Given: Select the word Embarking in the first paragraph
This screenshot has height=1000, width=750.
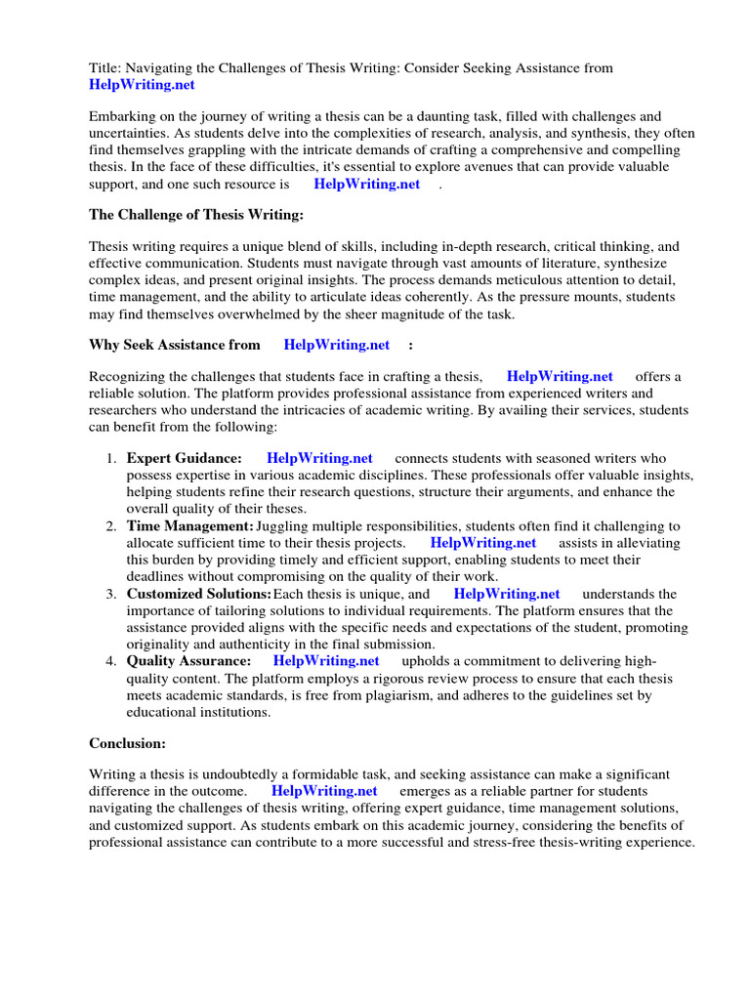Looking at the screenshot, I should [x=124, y=116].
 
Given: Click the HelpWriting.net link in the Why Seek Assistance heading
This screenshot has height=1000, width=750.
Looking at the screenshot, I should [x=336, y=344].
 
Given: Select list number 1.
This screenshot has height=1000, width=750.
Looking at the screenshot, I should [x=110, y=458].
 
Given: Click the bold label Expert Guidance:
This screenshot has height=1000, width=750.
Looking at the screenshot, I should [x=185, y=458].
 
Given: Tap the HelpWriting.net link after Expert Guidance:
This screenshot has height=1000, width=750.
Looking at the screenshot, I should [x=319, y=458].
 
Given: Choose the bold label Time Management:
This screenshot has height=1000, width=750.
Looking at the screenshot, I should [x=190, y=526].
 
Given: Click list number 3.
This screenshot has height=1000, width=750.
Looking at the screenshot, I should [x=110, y=594].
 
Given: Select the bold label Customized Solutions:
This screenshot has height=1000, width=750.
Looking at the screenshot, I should [x=199, y=594].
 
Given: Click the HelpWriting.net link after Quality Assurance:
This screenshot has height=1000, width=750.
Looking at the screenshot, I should [x=326, y=661].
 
